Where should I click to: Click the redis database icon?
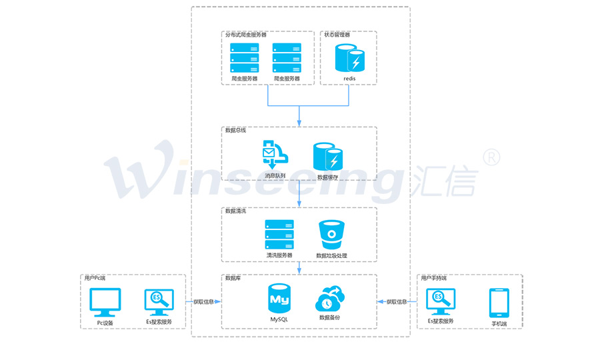pos(349,58)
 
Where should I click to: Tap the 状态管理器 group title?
pos(337,34)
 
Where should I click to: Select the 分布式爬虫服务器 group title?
pos(245,34)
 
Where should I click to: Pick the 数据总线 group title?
pos(236,130)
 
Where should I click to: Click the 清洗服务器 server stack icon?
pos(279,234)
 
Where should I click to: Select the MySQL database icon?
pos(278,299)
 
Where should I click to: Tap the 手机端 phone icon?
pos(499,303)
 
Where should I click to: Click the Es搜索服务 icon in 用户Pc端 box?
pos(159,302)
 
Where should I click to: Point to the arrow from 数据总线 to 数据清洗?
pos(299,193)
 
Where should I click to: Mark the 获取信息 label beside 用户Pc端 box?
pos(203,302)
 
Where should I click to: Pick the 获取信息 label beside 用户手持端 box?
pos(397,302)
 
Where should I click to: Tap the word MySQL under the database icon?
pos(279,319)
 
